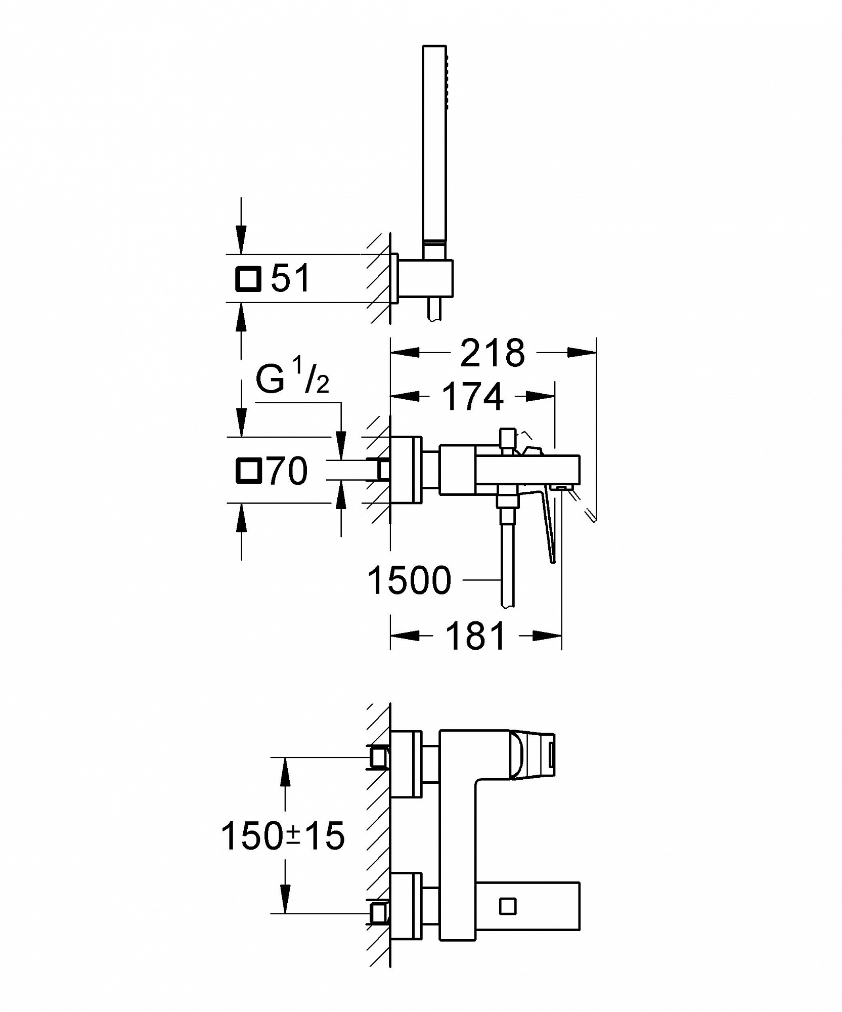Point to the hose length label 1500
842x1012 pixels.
[409, 580]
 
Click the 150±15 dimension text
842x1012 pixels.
[283, 835]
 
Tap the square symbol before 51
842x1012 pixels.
[248, 279]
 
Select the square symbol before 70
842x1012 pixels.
[249, 471]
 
